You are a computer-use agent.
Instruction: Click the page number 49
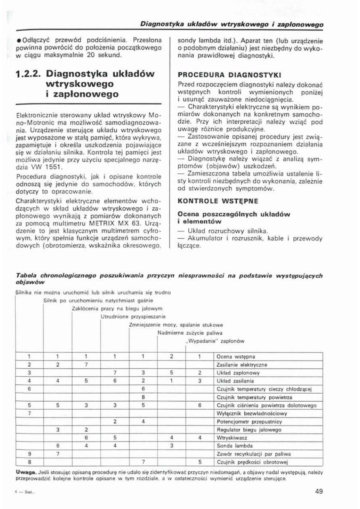319,492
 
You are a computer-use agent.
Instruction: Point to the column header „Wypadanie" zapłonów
214,341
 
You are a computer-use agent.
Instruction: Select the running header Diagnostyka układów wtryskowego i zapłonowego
233,24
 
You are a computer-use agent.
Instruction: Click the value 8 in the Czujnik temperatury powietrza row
143,397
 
